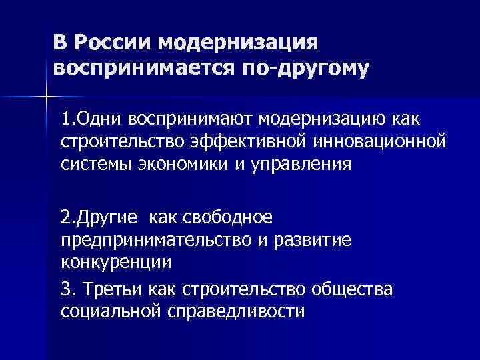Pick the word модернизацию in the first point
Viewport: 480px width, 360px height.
pyautogui.click(x=333, y=120)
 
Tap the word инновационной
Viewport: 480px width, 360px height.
pyautogui.click(x=374, y=142)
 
